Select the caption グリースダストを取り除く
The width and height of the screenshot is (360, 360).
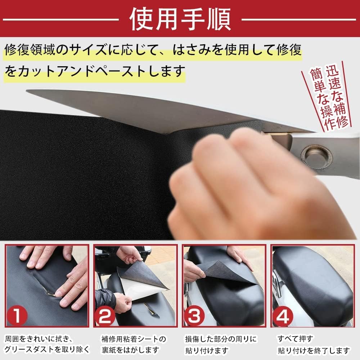click(47, 349)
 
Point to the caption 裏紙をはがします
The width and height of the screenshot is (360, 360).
click(130, 349)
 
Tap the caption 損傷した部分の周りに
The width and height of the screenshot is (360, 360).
click(221, 339)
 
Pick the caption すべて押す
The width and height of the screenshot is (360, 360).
click(295, 339)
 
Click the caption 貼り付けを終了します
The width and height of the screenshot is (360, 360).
click(314, 350)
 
